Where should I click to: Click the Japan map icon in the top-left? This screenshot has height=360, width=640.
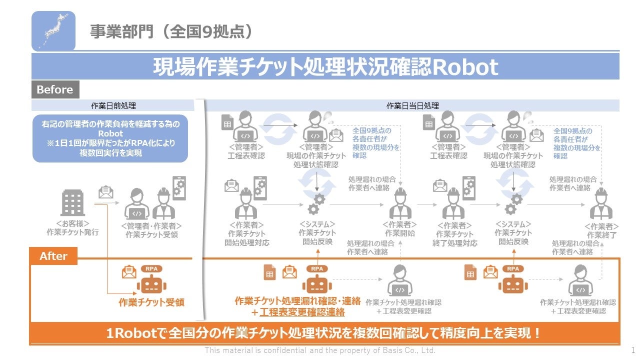[53, 30]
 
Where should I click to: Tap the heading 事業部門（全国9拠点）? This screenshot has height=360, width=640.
[170, 31]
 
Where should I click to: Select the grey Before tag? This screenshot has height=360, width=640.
[54, 90]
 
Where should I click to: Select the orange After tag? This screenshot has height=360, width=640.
[53, 256]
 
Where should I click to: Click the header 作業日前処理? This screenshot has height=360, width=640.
[113, 105]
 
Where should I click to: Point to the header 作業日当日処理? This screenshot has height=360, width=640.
[412, 105]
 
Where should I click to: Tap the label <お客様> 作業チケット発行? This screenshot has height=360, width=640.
[72, 228]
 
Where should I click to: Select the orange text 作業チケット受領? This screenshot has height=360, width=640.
[151, 302]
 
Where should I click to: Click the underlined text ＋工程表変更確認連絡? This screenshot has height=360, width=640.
[298, 312]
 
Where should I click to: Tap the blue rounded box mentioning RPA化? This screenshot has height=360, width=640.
[110, 138]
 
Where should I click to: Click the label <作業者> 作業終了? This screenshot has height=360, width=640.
[601, 230]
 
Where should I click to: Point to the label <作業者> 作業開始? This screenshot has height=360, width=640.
[399, 229]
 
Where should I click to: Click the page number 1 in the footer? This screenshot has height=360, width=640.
[633, 350]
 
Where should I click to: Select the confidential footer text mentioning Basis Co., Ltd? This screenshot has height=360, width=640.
[320, 350]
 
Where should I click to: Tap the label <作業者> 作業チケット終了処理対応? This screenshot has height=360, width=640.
[454, 234]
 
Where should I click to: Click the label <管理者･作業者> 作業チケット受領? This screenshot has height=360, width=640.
[151, 230]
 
